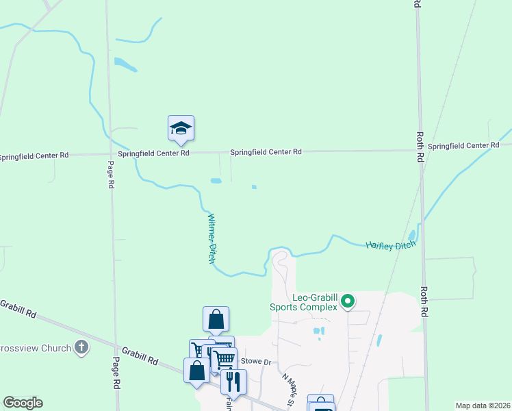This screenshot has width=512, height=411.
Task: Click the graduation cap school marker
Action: pyautogui.click(x=181, y=128)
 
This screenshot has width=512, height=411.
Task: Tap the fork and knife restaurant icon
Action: pyautogui.click(x=233, y=382)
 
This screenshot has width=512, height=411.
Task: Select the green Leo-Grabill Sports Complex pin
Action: pyautogui.click(x=348, y=300)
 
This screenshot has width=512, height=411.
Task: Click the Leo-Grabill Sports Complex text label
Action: pyautogui.click(x=315, y=302)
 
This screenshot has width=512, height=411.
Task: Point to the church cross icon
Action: pyautogui.click(x=81, y=347)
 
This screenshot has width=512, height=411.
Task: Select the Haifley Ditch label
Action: pyautogui.click(x=391, y=245)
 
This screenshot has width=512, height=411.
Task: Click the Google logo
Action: pyautogui.click(x=23, y=403)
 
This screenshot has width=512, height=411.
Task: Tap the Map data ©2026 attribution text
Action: pyautogui.click(x=483, y=406)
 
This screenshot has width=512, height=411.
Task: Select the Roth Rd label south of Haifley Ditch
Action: pyautogui.click(x=424, y=302)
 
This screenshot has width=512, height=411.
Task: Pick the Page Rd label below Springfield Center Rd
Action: pyautogui.click(x=110, y=176)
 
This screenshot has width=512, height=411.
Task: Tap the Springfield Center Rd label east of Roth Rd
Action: pyautogui.click(x=463, y=145)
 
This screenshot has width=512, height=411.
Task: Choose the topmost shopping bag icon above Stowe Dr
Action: pyautogui.click(x=216, y=319)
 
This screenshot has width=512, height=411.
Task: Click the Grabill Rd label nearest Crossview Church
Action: pyautogui.click(x=18, y=310)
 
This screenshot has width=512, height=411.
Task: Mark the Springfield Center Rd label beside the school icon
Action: pyautogui.click(x=153, y=153)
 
